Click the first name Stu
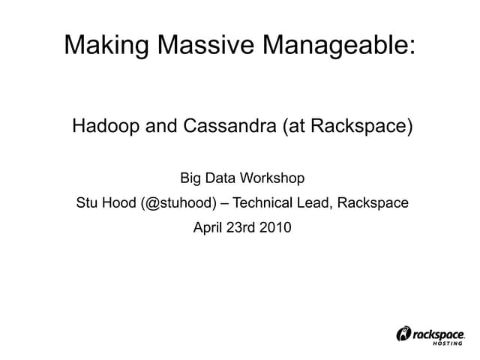[x=87, y=203]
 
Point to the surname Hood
[x=119, y=203]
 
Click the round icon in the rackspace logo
[x=403, y=334]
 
